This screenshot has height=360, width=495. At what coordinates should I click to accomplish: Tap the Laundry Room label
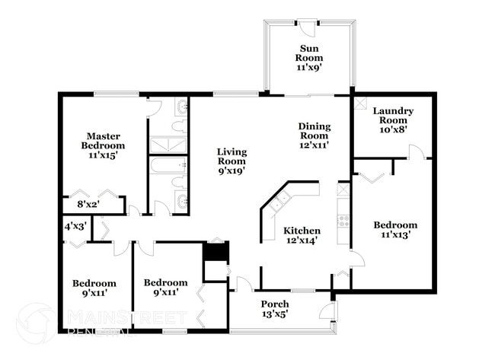[x=393, y=116]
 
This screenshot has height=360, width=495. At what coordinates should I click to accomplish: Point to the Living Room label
[x=232, y=156]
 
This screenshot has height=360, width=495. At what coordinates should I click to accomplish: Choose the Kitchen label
[x=302, y=231]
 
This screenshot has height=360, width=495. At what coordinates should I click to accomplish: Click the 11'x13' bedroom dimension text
[x=395, y=236]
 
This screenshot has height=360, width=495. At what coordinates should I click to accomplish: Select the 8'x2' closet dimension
[x=89, y=204]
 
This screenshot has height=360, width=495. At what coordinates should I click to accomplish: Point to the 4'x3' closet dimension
[x=74, y=226]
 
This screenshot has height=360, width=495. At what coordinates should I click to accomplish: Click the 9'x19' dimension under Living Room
[x=232, y=172]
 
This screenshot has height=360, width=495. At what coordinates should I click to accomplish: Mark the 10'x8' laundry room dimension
[x=393, y=129]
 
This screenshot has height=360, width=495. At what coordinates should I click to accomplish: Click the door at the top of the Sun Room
[x=307, y=26]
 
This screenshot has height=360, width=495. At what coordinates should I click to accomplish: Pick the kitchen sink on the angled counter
[x=279, y=199]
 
